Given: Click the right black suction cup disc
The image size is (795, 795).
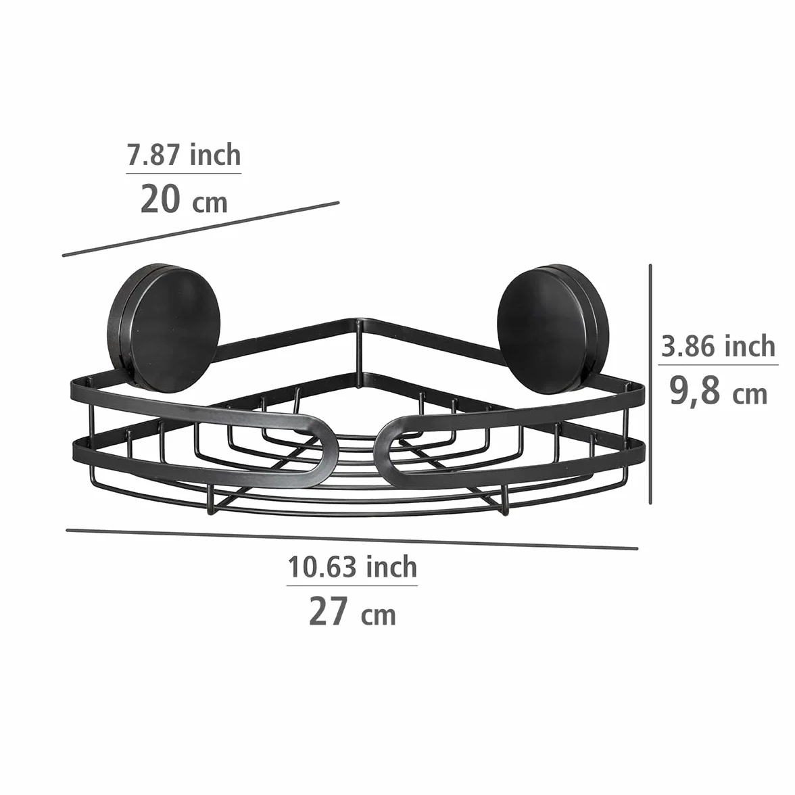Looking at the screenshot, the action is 553,329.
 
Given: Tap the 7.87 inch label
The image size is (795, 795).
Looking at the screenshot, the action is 184,155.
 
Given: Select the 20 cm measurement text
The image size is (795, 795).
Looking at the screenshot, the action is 184,199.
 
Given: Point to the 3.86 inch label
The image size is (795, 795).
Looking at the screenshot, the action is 719,346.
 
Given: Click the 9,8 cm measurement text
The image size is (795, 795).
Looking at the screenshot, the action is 719,391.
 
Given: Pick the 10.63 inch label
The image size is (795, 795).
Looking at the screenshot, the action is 352,567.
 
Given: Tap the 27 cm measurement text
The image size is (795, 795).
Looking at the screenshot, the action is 352,611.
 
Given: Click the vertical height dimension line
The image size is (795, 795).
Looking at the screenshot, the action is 650,384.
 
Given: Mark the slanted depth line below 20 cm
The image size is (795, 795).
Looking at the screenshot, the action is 201,229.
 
